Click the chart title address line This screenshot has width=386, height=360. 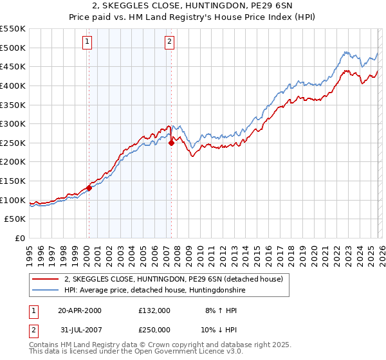[x=192, y=6]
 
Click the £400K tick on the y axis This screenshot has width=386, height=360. [x=13, y=85]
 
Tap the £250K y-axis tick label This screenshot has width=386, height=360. [x=13, y=143]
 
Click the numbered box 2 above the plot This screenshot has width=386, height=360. [x=169, y=42]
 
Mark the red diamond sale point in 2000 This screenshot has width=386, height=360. [x=89, y=188]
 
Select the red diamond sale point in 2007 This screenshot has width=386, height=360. [x=172, y=143]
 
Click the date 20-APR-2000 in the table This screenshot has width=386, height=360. [x=80, y=310]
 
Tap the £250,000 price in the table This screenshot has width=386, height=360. [x=154, y=329]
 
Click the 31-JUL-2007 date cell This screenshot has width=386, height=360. [x=80, y=329]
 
